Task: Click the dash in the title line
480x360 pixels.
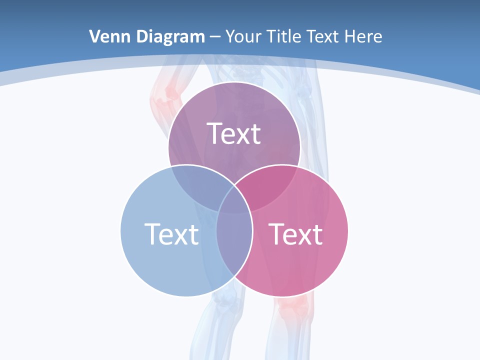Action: pyautogui.click(x=215, y=37)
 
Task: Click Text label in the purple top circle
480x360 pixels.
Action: pyautogui.click(x=234, y=133)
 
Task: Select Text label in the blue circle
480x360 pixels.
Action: pyautogui.click(x=171, y=233)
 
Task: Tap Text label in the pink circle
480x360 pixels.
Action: pyautogui.click(x=295, y=233)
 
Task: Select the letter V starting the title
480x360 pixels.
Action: pyautogui.click(x=94, y=36)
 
